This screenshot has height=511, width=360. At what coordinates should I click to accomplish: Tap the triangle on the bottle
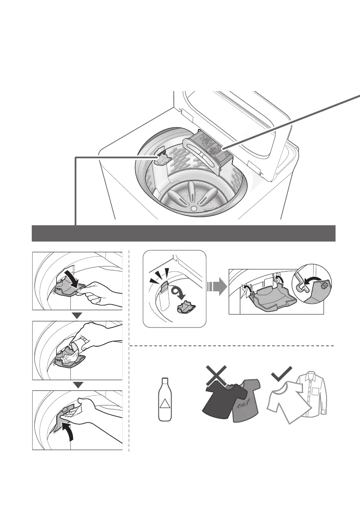(x=163, y=404)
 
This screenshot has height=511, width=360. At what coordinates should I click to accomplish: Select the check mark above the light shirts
(x=281, y=374)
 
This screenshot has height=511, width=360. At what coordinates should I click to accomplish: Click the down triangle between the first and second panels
(x=77, y=315)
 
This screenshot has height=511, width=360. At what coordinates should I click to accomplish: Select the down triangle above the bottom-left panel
(x=77, y=384)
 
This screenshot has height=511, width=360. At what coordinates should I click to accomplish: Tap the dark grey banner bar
(x=184, y=233)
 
